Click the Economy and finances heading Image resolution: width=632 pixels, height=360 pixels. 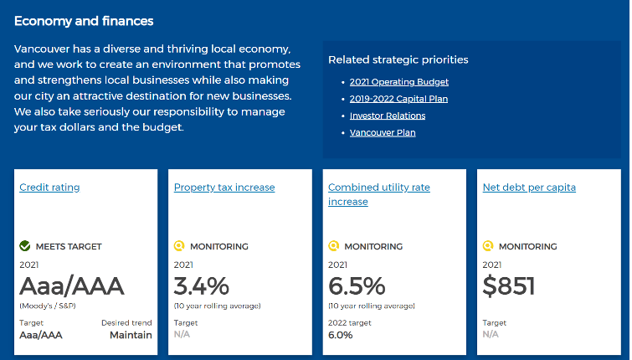click(x=84, y=21)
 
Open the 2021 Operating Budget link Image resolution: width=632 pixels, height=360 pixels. click(x=399, y=82)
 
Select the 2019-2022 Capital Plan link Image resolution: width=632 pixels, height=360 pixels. click(x=398, y=99)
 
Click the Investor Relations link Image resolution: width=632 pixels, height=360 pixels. click(x=388, y=116)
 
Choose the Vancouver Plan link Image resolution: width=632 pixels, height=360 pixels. click(x=383, y=132)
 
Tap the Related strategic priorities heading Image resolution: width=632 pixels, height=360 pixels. click(x=398, y=59)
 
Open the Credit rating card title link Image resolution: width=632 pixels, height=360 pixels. click(x=49, y=188)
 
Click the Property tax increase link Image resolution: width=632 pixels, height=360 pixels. click(x=224, y=188)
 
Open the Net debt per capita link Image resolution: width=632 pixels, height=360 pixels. click(x=529, y=188)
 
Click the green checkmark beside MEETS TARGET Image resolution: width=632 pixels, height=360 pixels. click(x=25, y=246)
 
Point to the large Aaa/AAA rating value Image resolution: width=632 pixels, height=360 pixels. click(x=72, y=286)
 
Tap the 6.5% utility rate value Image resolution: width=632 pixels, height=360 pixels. click(x=357, y=286)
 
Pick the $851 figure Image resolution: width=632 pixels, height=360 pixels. click(x=509, y=286)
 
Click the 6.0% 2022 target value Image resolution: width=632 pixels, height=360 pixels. click(x=341, y=335)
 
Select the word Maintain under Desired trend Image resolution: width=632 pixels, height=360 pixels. click(x=131, y=335)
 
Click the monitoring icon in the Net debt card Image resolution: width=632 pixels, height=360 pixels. click(x=488, y=246)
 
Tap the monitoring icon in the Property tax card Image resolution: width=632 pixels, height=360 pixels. click(x=179, y=246)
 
